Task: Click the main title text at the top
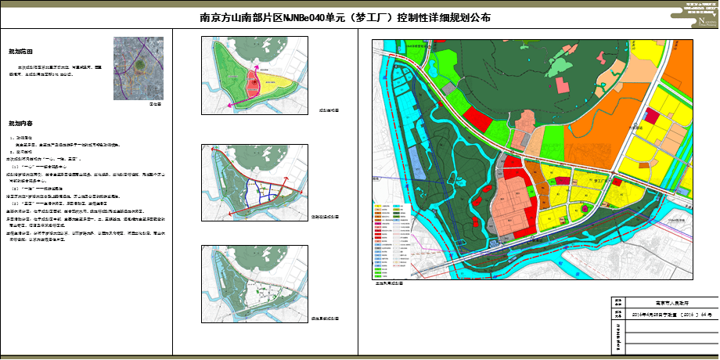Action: pos(346,17)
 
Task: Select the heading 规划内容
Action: pos(20,124)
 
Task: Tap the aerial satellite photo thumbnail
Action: pos(139,68)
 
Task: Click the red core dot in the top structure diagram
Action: pos(253,79)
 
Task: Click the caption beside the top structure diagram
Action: pos(329,111)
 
